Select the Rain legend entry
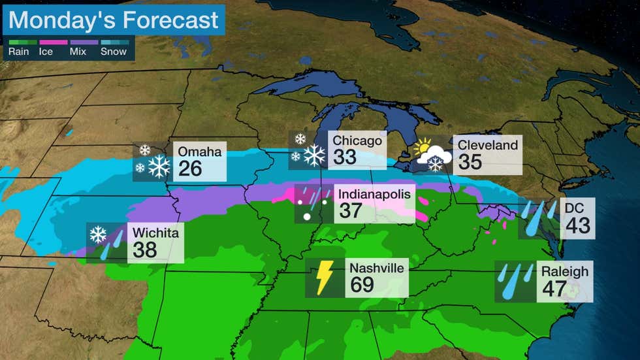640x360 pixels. [18, 51]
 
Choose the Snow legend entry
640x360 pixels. [114, 51]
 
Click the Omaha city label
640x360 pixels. [200, 152]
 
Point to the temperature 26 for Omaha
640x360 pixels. [191, 169]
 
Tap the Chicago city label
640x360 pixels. [357, 140]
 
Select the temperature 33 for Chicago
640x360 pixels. [346, 157]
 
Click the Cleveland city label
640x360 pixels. [488, 144]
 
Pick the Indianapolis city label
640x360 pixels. [375, 193]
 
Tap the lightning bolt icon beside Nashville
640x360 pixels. [325, 277]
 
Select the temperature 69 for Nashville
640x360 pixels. [362, 284]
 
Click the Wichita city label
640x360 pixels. [155, 232]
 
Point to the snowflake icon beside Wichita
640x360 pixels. [98, 234]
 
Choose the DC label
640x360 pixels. [575, 208]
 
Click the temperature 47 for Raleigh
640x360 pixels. [554, 289]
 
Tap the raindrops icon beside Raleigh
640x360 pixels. [516, 281]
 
